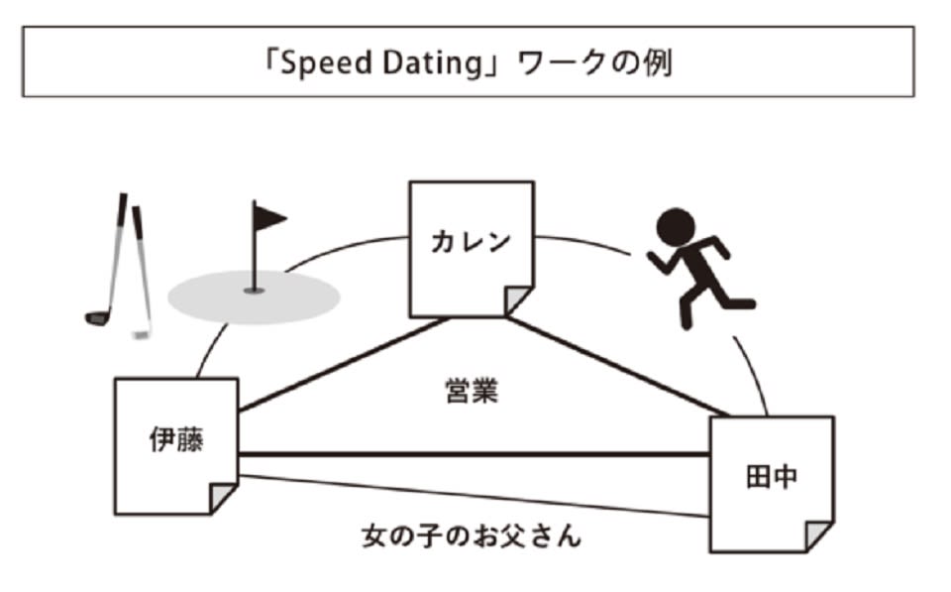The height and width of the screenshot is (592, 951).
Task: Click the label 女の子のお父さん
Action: [x=471, y=537]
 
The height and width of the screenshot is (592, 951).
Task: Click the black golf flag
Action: [x=267, y=217]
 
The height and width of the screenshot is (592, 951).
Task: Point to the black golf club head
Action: [x=96, y=317]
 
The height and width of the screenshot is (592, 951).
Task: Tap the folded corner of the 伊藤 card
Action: [x=224, y=498]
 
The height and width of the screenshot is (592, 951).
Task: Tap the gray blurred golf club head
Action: [x=142, y=335]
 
